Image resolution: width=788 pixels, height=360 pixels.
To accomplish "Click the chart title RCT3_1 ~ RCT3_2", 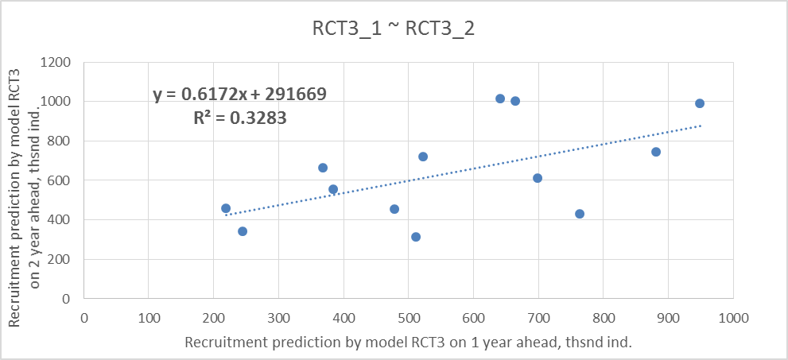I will (394, 29).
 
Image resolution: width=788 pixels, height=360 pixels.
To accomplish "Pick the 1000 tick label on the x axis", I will (732, 317).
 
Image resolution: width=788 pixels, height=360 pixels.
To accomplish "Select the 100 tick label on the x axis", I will (149, 317).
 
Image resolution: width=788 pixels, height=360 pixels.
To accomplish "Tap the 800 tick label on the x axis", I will (603, 317).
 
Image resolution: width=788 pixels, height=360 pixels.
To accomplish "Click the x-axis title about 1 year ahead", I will (408, 343).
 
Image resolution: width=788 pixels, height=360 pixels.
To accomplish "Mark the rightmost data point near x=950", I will (700, 103).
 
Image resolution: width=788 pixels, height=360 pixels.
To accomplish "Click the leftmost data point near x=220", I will (226, 208).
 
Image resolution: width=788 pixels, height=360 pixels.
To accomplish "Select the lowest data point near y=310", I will (416, 237).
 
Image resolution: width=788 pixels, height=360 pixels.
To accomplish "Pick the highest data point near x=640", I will (500, 99).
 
